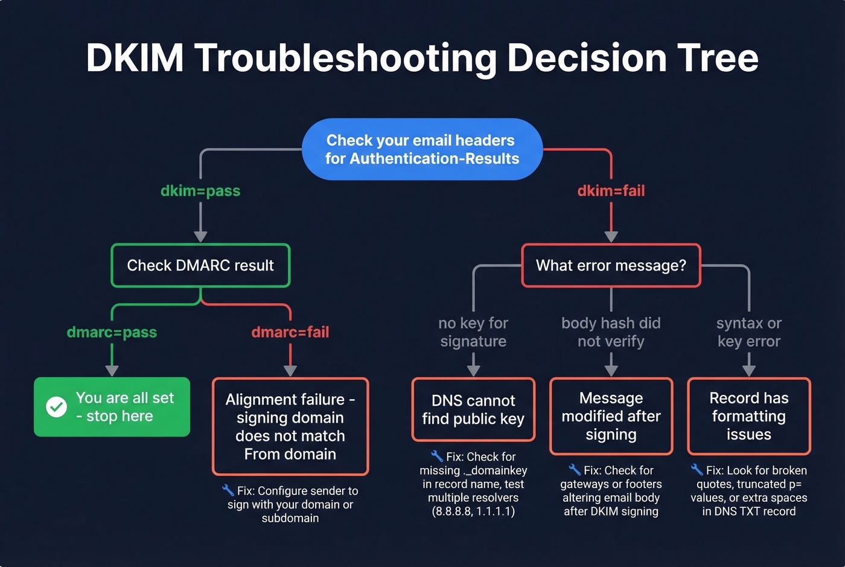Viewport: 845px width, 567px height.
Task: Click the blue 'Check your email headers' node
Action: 422,149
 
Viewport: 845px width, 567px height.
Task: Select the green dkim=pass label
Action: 200,191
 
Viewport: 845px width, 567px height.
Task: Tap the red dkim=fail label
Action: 611,191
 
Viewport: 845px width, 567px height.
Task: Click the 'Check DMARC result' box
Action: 200,266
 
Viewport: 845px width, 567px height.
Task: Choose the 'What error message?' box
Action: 611,266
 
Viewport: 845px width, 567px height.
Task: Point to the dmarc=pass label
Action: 112,332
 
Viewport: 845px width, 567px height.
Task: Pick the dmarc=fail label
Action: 290,332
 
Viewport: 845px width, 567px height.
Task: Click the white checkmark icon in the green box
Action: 57,407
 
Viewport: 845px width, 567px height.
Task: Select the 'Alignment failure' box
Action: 290,426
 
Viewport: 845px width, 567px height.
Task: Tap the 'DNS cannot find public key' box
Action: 473,409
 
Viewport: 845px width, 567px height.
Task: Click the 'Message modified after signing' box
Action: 611,416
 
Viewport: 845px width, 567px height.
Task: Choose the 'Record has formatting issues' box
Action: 748,416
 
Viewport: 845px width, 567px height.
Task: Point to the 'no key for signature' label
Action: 473,332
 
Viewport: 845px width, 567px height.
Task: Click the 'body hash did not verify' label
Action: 611,332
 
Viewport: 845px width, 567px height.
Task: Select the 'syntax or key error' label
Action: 748,332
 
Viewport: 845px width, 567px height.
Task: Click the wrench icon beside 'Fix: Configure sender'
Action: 228,490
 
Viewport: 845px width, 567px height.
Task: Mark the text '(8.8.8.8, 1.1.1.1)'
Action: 473,511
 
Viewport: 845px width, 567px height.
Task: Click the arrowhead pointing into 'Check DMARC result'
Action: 200,236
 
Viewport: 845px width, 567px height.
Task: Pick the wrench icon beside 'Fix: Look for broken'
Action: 697,469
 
